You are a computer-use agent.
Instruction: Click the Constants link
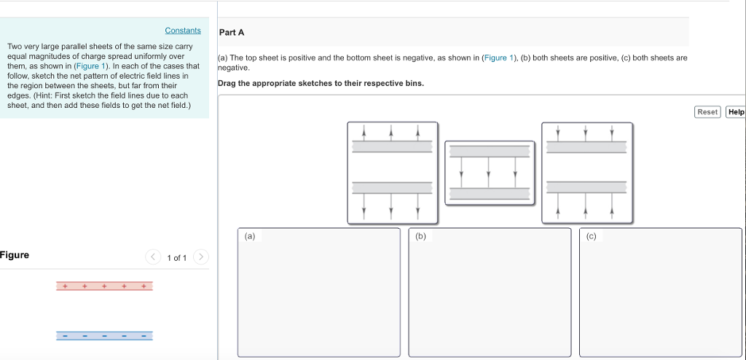(182, 31)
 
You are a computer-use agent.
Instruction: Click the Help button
(736, 111)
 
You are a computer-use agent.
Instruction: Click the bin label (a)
(250, 236)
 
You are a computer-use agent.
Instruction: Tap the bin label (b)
(420, 236)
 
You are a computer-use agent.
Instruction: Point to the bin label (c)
(591, 236)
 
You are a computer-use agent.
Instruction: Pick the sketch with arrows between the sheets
(489, 173)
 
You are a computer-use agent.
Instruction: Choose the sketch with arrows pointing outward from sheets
(392, 173)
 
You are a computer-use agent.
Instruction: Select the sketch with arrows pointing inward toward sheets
(586, 173)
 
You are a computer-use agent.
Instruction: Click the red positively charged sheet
(104, 286)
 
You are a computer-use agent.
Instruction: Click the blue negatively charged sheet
(104, 335)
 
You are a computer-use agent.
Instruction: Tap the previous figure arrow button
(153, 257)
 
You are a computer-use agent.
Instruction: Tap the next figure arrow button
(201, 257)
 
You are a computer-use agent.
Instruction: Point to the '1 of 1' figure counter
(177, 258)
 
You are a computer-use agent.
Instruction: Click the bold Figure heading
(15, 255)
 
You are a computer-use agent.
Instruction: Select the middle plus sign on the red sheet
(104, 286)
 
